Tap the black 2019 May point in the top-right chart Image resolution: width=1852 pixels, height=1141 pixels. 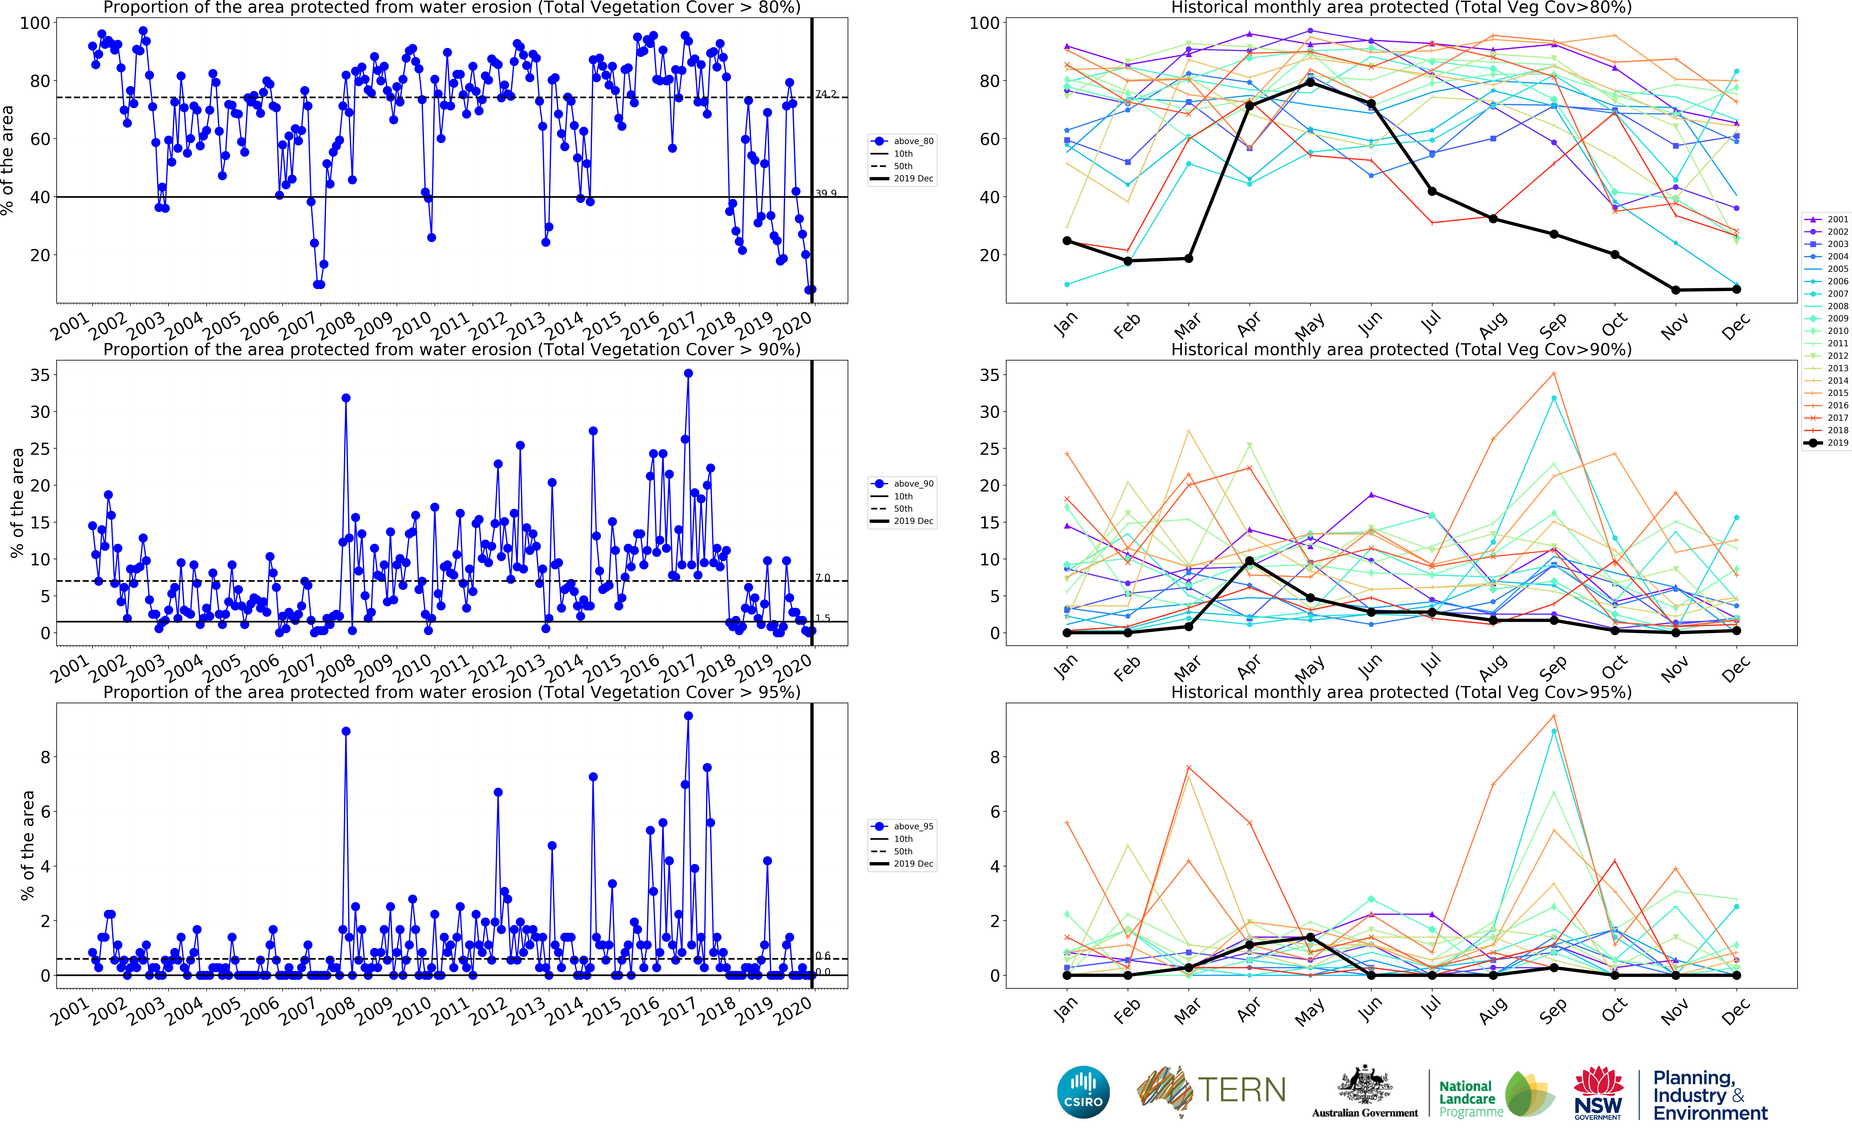1310,82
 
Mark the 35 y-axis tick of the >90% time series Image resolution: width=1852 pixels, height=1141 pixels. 39,375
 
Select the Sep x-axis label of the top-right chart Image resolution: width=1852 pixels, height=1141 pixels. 1552,326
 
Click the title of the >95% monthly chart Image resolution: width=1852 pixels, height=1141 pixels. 1401,692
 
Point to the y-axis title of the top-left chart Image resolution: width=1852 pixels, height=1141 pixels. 8,160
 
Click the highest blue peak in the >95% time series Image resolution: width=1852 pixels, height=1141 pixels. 688,716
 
